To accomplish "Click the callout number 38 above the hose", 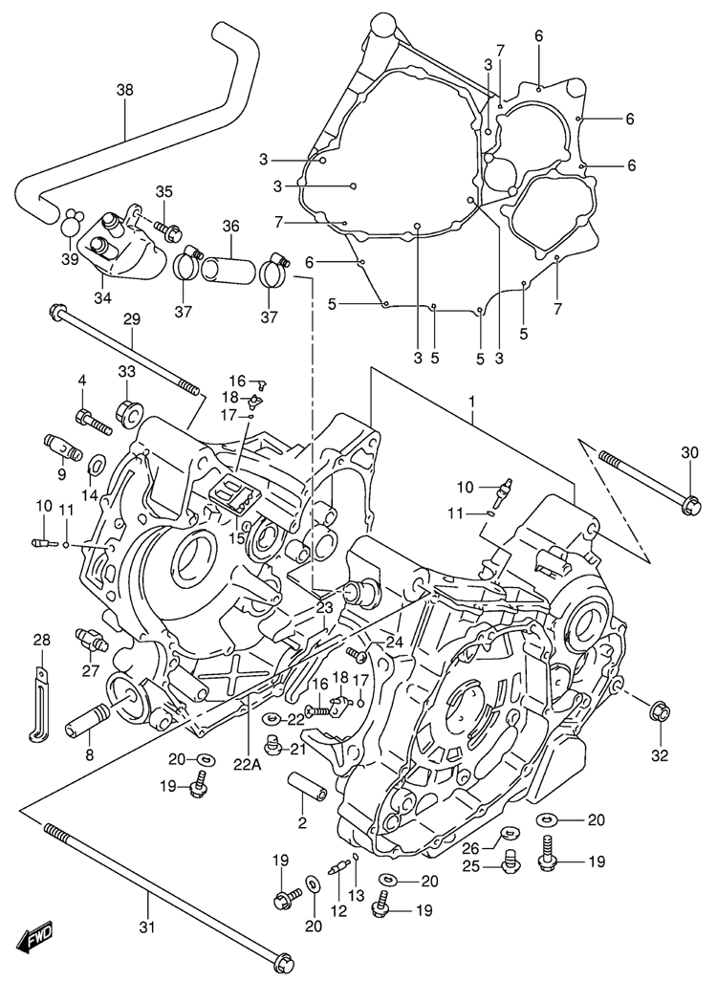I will tap(125, 91).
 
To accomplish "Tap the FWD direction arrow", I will tap(38, 936).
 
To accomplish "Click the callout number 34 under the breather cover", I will tap(102, 297).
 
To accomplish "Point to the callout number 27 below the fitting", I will tap(91, 669).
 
